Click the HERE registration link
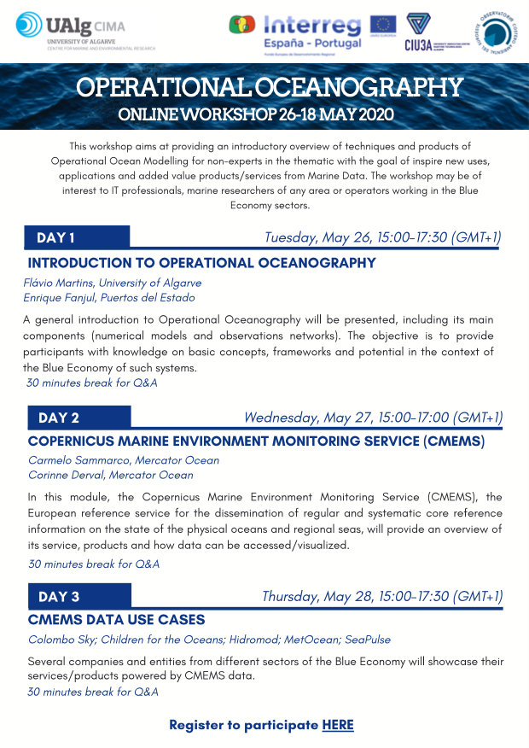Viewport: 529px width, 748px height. pos(338,725)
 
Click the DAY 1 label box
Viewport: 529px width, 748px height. pos(77,237)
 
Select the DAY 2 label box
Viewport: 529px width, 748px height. pos(78,418)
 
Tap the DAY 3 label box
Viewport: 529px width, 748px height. pos(78,596)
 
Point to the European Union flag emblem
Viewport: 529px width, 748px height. pos(381,24)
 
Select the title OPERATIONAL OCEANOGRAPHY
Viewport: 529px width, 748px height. pos(269,87)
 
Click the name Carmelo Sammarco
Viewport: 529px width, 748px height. pos(72,460)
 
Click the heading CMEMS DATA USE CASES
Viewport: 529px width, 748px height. pos(116,620)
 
